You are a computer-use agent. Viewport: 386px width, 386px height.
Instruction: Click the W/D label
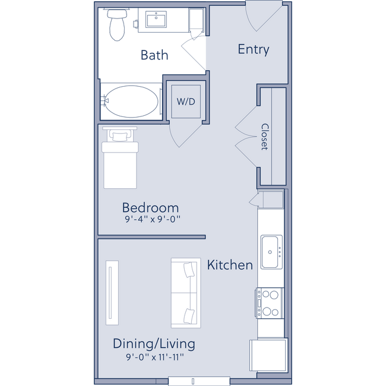coord(185,101)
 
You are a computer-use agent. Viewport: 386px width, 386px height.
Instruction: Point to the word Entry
coord(254,49)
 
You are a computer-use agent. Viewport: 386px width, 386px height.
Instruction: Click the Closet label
coord(265,137)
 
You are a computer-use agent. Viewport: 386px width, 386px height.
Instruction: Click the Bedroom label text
coord(150,208)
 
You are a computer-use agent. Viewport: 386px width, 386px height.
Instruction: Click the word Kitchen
coord(230,265)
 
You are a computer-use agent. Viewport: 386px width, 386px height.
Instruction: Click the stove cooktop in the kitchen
coord(270,302)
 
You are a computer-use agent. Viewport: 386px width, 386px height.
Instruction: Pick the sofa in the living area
coord(185,292)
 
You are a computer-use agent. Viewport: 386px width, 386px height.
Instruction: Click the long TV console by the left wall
coord(112,292)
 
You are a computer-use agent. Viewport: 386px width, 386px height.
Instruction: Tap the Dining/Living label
coord(154,344)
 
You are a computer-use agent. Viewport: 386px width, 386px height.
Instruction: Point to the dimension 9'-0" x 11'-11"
coord(154,357)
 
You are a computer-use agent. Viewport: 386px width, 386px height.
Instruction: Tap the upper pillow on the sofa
coord(190,270)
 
